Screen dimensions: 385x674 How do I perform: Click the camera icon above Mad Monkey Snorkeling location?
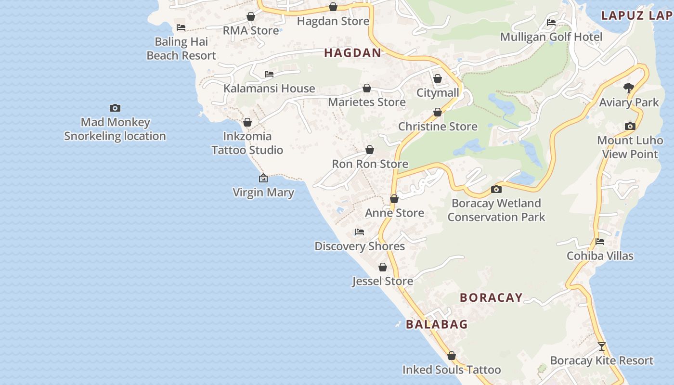click(115, 108)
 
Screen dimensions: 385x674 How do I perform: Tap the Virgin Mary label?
click(263, 192)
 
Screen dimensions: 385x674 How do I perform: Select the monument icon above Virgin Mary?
click(263, 179)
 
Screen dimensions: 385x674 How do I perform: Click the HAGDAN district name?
click(352, 53)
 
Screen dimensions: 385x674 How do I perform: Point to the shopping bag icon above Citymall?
click(438, 78)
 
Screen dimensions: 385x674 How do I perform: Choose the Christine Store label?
click(438, 127)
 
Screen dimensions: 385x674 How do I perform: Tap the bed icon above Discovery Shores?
click(360, 232)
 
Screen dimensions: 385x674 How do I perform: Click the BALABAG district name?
click(437, 324)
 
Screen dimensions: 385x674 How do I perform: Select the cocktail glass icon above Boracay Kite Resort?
click(601, 346)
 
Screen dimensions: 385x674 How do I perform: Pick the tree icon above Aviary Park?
click(628, 88)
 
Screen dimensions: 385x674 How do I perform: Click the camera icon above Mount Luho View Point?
click(630, 126)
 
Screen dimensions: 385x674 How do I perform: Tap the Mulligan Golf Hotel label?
click(551, 37)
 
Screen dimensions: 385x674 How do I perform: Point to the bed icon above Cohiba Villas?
click(600, 242)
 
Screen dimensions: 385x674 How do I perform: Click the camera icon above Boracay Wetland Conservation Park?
click(496, 189)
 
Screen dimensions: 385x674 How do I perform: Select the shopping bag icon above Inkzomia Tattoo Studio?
click(247, 122)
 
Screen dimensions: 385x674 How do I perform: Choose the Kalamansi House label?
click(269, 89)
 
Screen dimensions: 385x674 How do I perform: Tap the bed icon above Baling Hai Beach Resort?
click(181, 27)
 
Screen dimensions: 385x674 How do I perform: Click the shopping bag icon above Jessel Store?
click(383, 267)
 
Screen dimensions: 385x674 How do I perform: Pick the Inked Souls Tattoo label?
click(452, 370)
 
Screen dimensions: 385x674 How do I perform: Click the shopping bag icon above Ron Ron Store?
click(370, 150)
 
